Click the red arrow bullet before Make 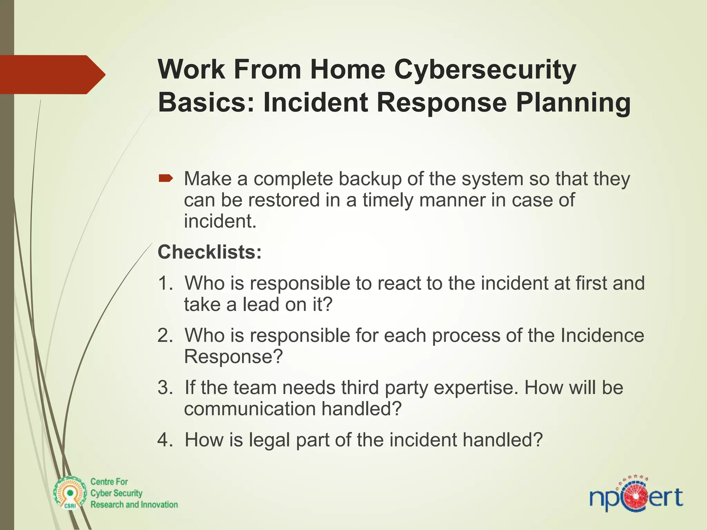coord(166,178)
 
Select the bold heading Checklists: coord(210,252)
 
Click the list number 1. coord(165,283)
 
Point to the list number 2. coord(165,335)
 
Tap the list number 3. coord(165,387)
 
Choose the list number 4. coord(165,440)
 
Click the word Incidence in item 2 coord(602,335)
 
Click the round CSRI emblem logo coord(70,493)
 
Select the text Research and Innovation coord(134,504)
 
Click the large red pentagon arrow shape coord(52,75)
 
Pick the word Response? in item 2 coord(233,356)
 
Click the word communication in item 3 coord(250,409)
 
